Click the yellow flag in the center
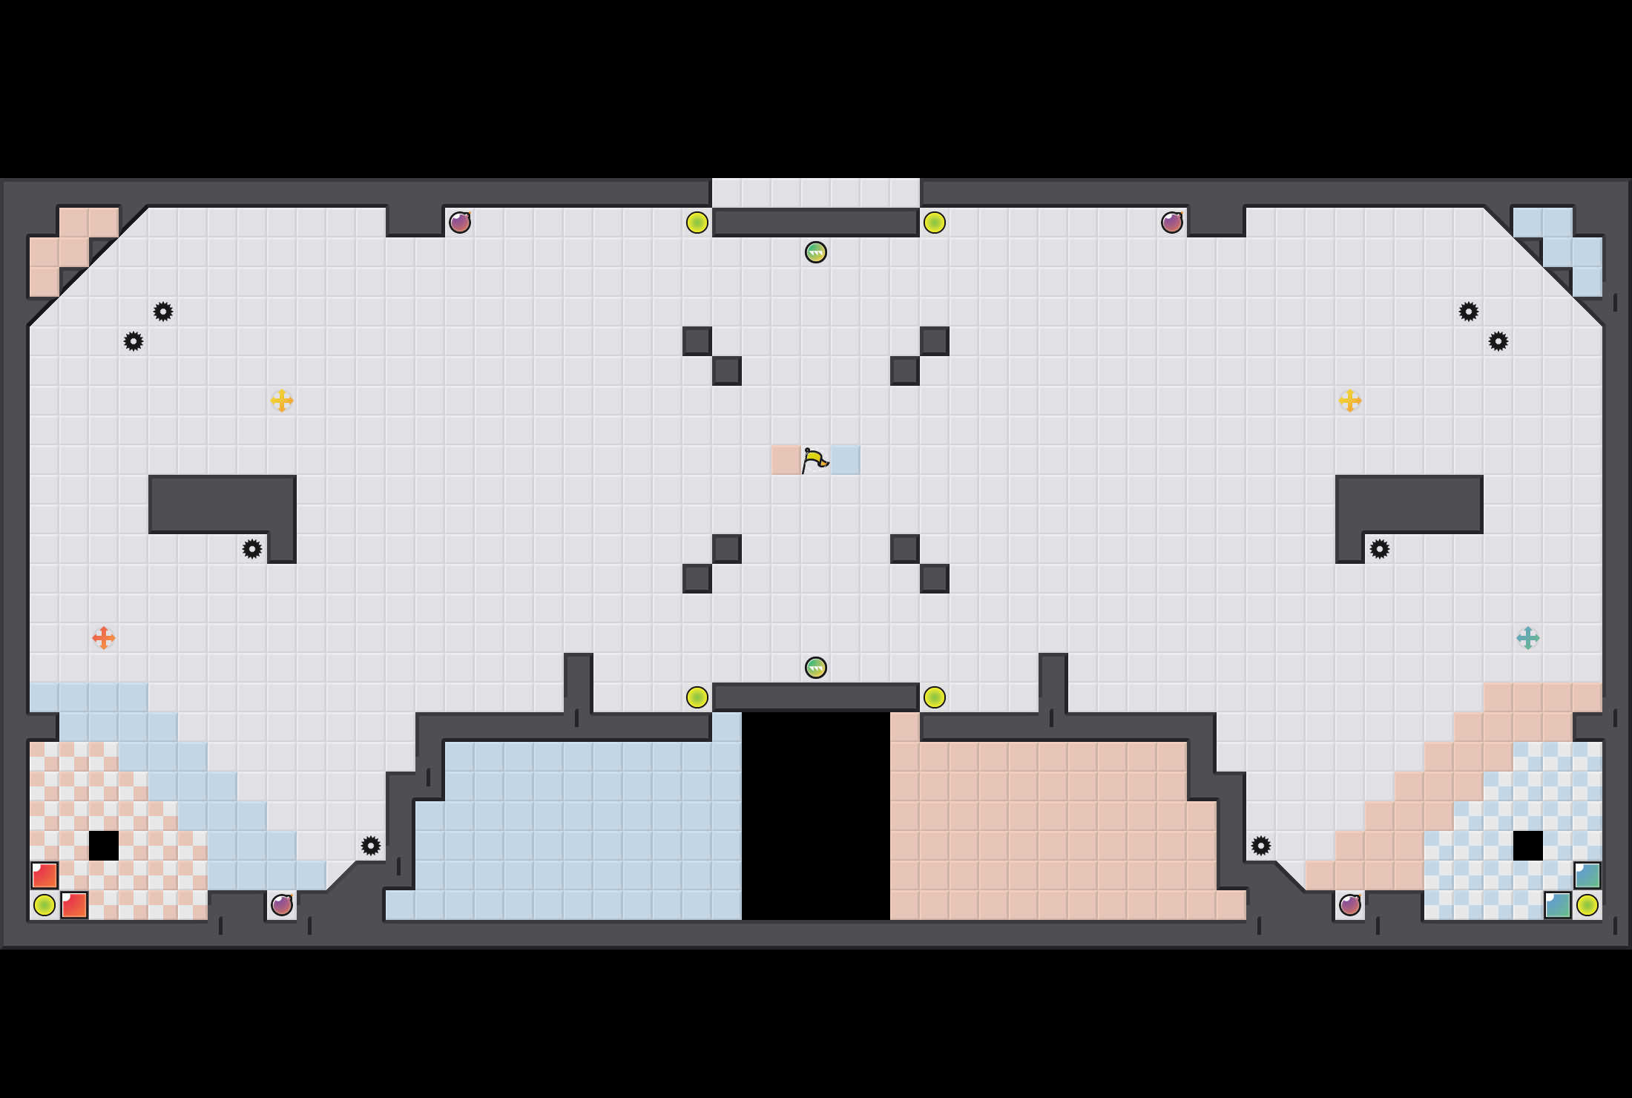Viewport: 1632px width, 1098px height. coord(815,460)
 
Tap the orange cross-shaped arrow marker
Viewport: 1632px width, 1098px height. coord(104,637)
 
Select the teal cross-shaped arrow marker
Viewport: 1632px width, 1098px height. coord(1527,637)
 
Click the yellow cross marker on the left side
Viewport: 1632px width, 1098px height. coord(282,401)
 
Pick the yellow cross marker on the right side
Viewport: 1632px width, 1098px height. coord(1349,401)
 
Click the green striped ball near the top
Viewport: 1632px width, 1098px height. coord(815,252)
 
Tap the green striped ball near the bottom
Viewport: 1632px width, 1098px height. coord(815,668)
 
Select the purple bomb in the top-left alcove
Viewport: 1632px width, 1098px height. coord(460,222)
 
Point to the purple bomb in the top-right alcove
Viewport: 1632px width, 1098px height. coord(1172,222)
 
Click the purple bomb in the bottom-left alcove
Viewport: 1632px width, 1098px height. coord(282,904)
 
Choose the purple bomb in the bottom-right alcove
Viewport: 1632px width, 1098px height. coord(1349,904)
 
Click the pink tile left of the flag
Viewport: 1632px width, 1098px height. coord(786,460)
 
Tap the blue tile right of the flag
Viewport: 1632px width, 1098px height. coord(845,460)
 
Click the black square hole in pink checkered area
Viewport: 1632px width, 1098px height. coord(104,845)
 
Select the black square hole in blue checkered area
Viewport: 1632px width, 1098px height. coord(1527,845)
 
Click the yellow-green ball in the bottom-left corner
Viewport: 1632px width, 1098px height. coord(45,905)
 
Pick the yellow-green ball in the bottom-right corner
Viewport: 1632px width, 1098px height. coord(1587,905)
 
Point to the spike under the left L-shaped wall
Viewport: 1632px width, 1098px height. coord(252,549)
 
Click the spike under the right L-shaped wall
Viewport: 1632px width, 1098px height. coord(1379,549)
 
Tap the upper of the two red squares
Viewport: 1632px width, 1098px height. coord(45,875)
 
